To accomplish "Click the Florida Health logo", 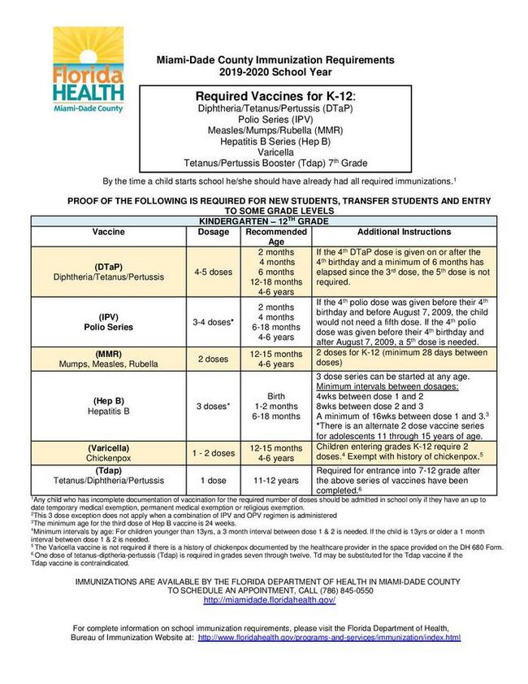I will click(x=89, y=70).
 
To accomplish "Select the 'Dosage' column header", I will click(x=214, y=232).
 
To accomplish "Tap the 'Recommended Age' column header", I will click(x=276, y=237).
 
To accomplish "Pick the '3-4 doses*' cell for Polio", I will click(x=214, y=322).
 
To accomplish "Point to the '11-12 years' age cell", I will click(x=276, y=481).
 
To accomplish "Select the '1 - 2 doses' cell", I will click(x=214, y=453).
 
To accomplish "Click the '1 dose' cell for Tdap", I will click(x=214, y=481).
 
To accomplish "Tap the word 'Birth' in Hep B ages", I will click(x=276, y=395).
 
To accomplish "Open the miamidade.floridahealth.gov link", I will click(x=269, y=599).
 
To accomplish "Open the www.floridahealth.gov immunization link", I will click(x=329, y=638).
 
